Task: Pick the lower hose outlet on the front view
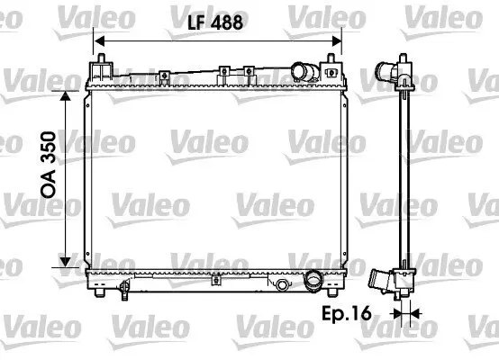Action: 314,281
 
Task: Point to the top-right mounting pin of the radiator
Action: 336,64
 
